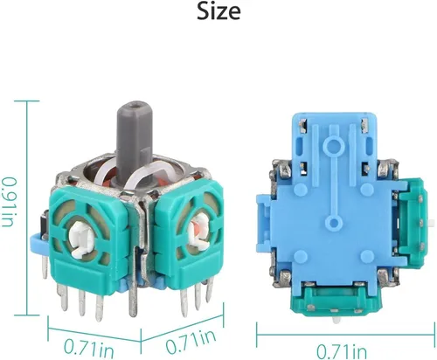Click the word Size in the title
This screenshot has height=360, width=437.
tap(218, 11)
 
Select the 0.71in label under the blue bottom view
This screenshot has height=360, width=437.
tap(342, 351)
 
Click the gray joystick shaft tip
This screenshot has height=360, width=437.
tap(135, 106)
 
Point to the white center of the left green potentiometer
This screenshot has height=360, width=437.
tap(81, 238)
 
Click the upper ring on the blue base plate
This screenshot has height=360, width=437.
tap(334, 143)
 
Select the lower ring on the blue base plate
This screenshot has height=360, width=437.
tap(333, 223)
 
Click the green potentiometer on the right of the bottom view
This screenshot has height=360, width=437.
tap(413, 221)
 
